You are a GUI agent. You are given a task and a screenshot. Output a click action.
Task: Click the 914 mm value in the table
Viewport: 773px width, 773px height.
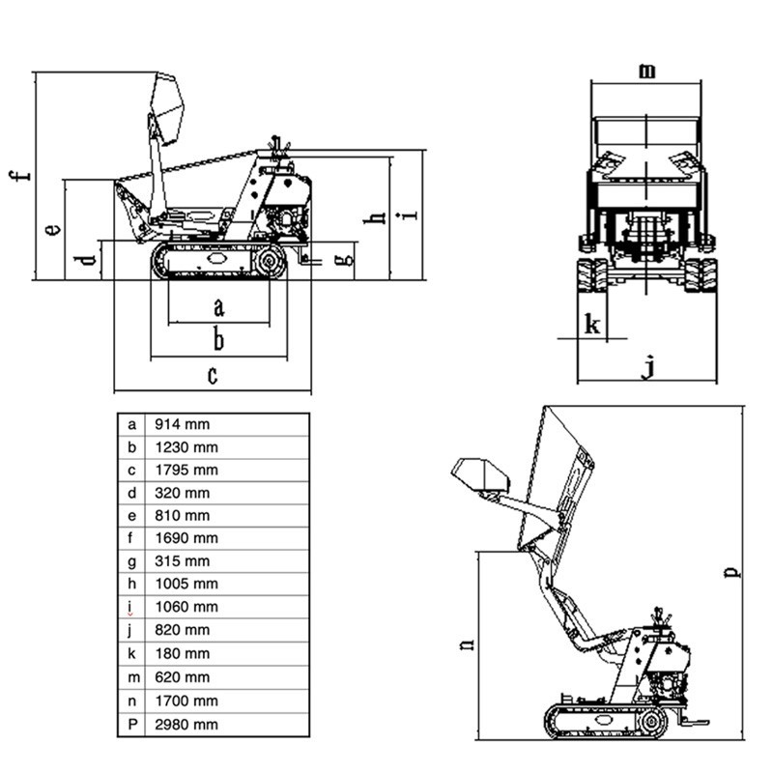pos(182,424)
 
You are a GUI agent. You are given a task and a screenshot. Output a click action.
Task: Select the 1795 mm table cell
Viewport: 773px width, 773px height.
pos(186,470)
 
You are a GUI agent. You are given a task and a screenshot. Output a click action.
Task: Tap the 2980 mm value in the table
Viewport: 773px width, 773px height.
pos(186,724)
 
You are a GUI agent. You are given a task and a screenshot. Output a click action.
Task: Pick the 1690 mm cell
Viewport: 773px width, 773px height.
pos(186,538)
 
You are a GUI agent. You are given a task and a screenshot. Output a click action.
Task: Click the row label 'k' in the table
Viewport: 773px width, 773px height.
pos(131,654)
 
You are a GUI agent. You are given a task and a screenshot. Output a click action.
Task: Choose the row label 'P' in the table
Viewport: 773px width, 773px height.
pos(131,724)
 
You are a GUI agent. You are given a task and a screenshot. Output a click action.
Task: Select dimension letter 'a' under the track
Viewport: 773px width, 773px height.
pos(218,307)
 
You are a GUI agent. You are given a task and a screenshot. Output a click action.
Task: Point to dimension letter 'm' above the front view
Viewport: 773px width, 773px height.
pos(647,70)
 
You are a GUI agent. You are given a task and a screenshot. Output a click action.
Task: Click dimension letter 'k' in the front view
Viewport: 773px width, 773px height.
pos(593,326)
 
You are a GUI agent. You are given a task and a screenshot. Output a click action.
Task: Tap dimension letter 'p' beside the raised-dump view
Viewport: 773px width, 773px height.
pos(733,571)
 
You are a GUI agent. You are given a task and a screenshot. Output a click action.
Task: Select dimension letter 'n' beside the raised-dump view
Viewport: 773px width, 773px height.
pos(466,644)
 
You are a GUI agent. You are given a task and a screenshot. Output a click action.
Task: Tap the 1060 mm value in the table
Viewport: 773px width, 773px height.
pos(186,607)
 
